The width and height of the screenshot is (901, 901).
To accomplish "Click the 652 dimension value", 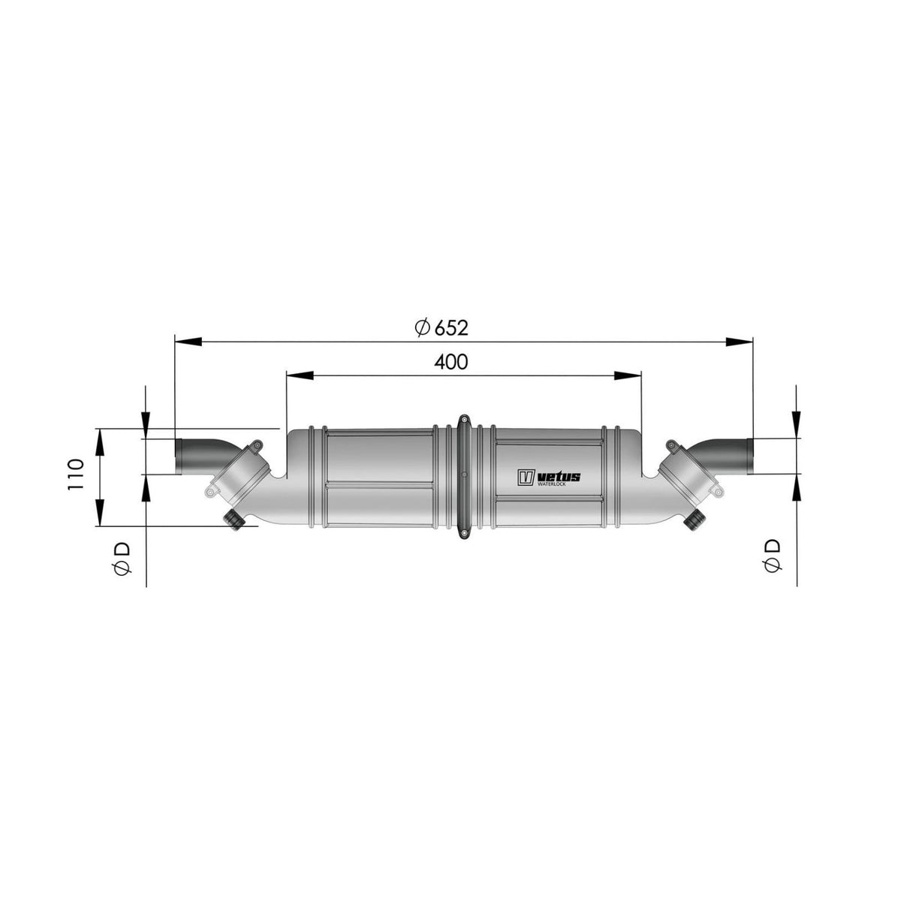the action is click(x=451, y=328).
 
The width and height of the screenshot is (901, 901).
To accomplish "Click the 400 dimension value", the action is click(x=450, y=361).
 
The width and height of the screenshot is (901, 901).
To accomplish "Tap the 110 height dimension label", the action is click(x=76, y=475).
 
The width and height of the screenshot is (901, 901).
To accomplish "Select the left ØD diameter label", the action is click(x=122, y=559).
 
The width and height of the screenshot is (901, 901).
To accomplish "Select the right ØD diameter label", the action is click(x=772, y=555).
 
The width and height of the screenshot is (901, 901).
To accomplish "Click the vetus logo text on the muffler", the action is click(x=559, y=477).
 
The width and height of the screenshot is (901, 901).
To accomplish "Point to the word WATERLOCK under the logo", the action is click(x=552, y=484).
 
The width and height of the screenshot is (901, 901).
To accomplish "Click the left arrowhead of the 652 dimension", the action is click(x=188, y=342).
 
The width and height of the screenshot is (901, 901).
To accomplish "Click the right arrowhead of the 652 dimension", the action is click(x=740, y=342).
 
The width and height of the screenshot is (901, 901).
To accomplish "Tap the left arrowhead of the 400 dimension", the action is click(x=300, y=375).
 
